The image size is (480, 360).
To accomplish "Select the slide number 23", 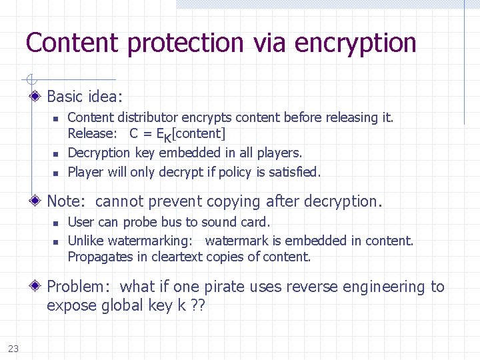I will (x=13, y=347).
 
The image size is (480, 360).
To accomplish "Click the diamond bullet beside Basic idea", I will (x=37, y=97).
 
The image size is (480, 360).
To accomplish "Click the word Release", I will (x=90, y=133).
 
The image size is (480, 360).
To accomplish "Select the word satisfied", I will (x=295, y=172).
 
